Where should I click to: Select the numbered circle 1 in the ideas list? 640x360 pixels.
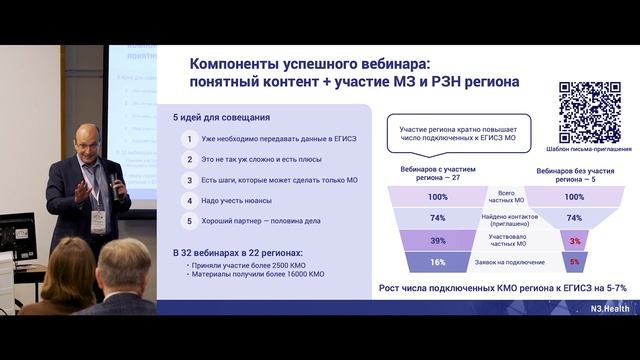coord(188,140)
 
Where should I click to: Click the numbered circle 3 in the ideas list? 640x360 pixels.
coord(188,180)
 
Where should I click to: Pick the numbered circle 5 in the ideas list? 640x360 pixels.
coord(188,220)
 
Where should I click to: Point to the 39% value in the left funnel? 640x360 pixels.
coord(437,241)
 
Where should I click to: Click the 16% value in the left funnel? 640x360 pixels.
coord(437,262)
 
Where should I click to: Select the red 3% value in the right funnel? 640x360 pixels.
coord(574,241)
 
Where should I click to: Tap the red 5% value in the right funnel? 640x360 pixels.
coord(574,262)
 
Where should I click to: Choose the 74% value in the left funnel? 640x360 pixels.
coord(437,218)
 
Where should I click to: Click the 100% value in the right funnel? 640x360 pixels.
coord(574,197)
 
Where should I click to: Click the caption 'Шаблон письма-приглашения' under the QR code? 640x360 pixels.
coord(589,149)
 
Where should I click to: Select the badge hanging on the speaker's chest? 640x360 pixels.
coord(98,218)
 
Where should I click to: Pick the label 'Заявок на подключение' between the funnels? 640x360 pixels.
coord(506,262)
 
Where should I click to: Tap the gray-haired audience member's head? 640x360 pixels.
coord(124,263)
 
